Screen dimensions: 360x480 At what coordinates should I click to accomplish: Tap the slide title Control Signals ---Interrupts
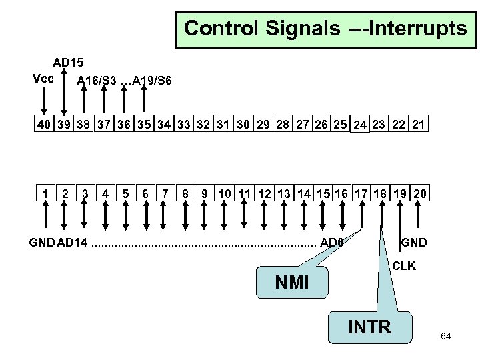click(x=325, y=29)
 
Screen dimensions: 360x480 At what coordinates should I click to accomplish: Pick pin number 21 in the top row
click(x=419, y=125)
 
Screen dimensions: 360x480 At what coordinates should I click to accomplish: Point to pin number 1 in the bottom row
click(x=45, y=193)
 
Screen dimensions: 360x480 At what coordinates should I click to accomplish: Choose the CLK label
click(x=403, y=265)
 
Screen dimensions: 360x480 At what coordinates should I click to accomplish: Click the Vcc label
click(x=43, y=77)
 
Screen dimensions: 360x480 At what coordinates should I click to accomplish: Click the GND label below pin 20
click(x=413, y=241)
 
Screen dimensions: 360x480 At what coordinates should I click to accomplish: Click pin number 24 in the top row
click(x=360, y=126)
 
